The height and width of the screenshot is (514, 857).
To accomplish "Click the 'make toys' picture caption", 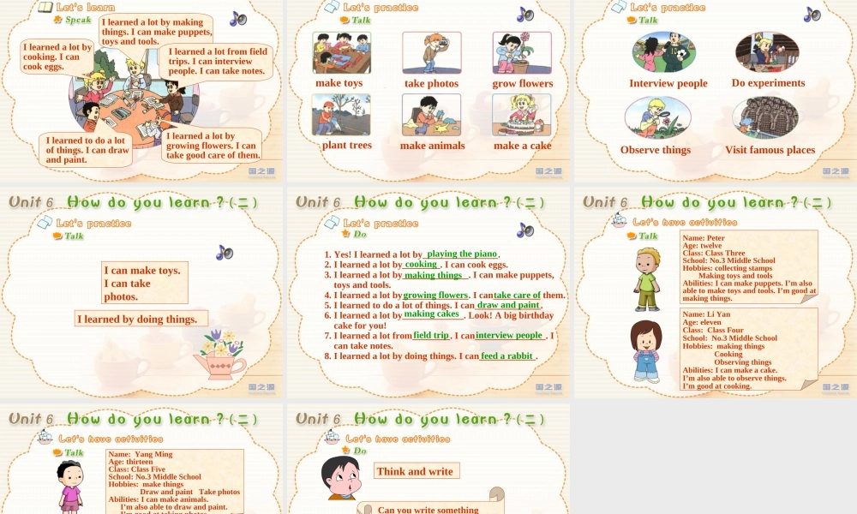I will (339, 83).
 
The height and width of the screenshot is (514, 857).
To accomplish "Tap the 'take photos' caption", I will (431, 83).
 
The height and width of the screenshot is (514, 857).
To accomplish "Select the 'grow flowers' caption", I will (522, 83).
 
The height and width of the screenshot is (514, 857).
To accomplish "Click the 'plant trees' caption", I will (346, 145).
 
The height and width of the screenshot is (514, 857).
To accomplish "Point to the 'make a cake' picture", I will (522, 114).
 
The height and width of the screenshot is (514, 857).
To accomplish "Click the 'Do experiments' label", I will (768, 83).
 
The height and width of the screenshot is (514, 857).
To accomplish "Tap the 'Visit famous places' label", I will (770, 150).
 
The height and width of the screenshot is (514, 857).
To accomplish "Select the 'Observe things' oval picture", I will (658, 117).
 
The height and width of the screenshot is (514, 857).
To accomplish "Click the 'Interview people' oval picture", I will (663, 52).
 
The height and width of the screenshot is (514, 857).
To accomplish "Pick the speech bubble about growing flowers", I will (212, 146).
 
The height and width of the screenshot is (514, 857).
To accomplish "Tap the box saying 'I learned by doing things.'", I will (141, 319).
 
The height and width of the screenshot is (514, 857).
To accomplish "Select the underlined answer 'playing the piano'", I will (462, 254).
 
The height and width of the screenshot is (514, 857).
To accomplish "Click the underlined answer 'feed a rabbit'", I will (507, 356).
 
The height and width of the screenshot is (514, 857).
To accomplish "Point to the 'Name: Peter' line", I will (704, 237).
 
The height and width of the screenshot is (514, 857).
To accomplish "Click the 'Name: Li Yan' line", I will (706, 314).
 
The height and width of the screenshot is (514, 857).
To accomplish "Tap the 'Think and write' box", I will (415, 471).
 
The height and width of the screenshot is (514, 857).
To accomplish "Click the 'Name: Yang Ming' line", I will (141, 454).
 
